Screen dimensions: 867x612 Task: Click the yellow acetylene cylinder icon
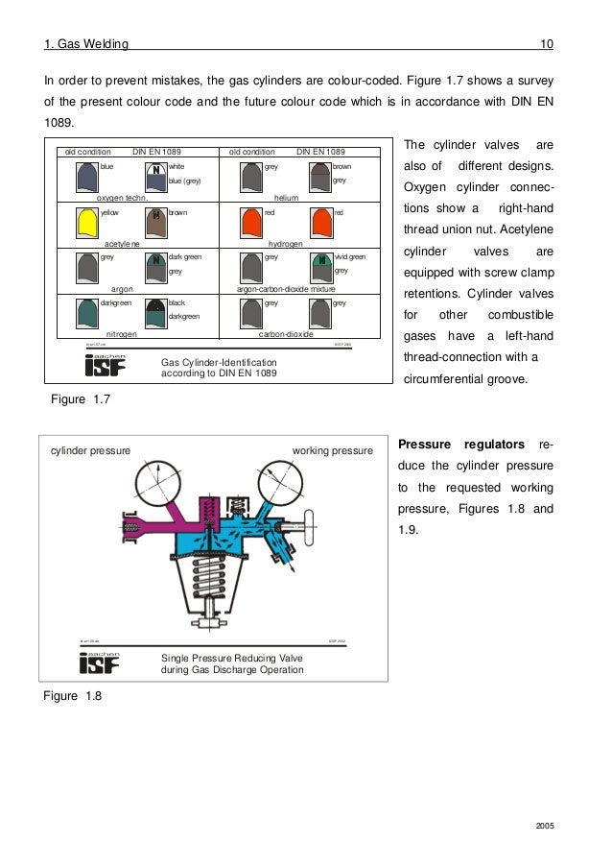[x=86, y=222]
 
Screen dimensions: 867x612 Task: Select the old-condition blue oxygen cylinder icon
[x=86, y=176]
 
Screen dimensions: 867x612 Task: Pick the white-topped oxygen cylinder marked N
[x=155, y=176]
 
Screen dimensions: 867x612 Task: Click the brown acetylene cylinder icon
[x=155, y=222]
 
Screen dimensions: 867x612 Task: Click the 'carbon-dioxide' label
[x=287, y=334]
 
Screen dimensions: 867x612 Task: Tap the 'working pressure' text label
[x=332, y=447]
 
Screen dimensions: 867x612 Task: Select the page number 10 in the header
[x=547, y=44]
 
